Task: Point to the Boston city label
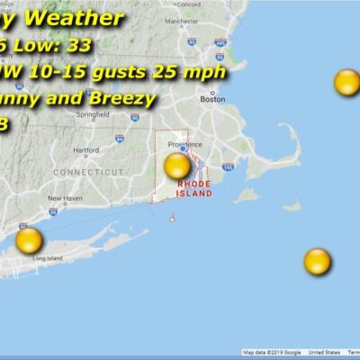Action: (x=212, y=100)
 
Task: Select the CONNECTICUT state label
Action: (x=87, y=171)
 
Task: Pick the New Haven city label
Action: (x=66, y=198)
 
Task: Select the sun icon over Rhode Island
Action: (x=177, y=166)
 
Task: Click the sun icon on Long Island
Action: (x=29, y=240)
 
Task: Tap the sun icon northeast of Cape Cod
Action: (x=346, y=82)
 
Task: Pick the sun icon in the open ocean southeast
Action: (x=317, y=262)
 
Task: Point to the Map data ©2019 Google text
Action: (x=272, y=353)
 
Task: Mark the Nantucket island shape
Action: (x=291, y=206)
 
